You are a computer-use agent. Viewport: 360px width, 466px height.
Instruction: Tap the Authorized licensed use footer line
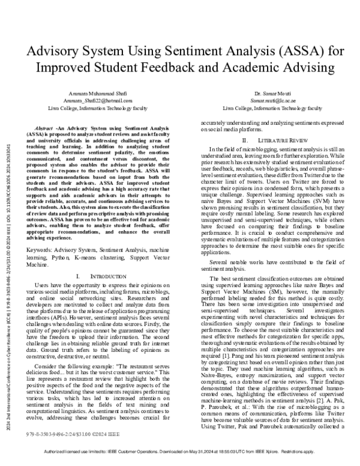pyautogui.click(x=180, y=459)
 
